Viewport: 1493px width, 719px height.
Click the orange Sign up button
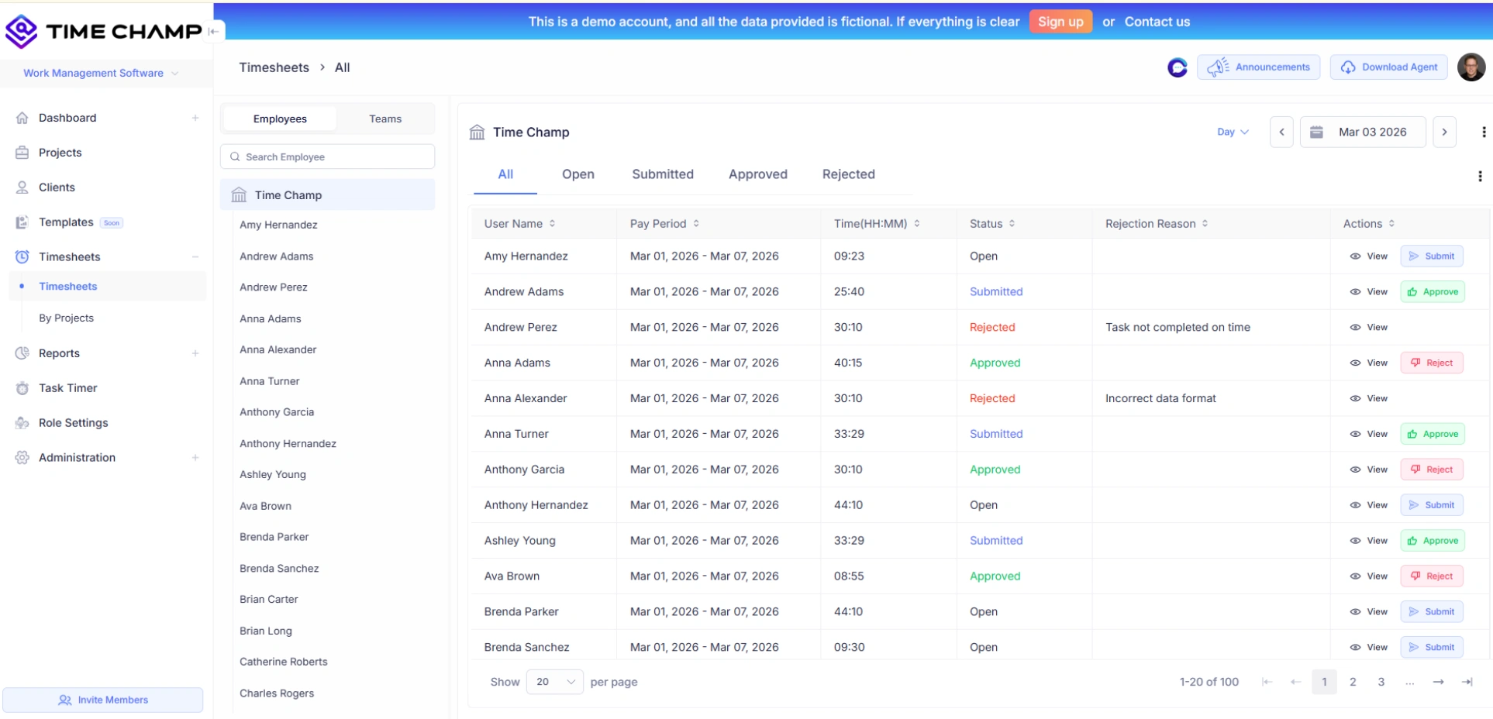1060,22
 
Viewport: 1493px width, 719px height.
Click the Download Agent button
1389,67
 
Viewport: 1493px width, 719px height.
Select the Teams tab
384,119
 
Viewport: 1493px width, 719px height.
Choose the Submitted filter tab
662,174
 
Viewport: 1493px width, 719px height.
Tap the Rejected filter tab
848,174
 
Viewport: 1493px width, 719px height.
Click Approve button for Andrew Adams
1433,292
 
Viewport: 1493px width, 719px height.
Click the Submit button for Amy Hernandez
1431,256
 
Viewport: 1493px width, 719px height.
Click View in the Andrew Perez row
1369,328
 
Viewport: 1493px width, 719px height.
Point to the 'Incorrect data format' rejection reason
1160,398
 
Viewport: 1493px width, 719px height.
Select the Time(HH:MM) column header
870,224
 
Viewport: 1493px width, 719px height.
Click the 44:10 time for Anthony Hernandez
848,505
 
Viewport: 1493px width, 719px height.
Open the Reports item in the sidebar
59,353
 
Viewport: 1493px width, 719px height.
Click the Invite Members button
103,700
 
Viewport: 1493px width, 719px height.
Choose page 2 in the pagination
1353,682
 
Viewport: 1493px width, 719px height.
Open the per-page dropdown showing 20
554,682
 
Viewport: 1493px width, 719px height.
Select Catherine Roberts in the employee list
284,662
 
